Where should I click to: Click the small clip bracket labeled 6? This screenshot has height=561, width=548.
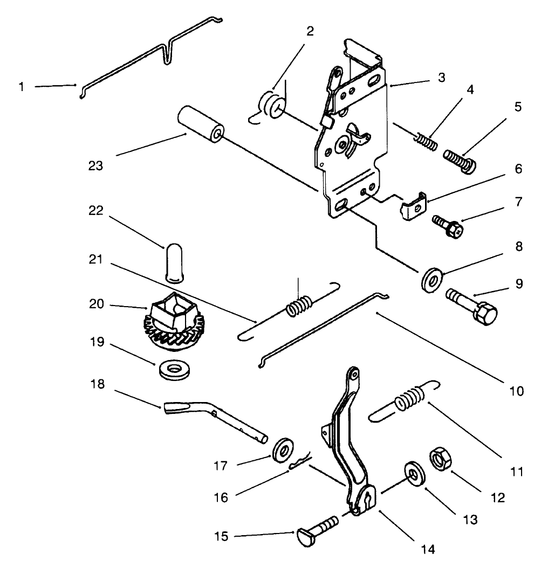413,206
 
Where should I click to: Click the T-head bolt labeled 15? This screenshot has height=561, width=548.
317,529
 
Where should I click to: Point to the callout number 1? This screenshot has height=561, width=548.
22,87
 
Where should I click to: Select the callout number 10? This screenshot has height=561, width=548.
516,391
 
